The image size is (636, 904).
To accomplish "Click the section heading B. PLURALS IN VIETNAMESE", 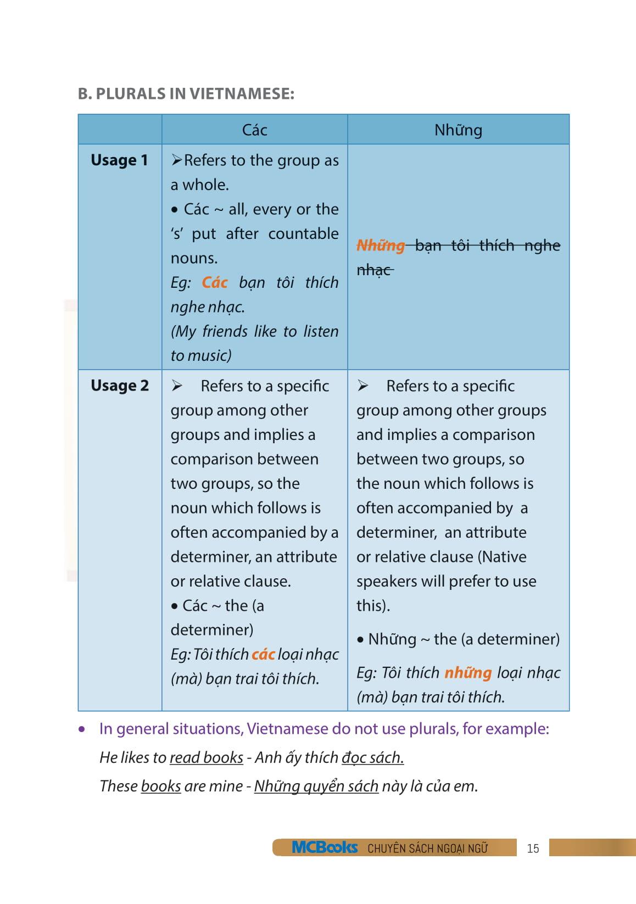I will [186, 94].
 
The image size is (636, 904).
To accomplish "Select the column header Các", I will [254, 130].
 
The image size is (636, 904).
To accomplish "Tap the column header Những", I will [458, 130].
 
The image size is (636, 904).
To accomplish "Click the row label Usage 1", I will [119, 160].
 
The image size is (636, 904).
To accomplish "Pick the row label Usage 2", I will [119, 386].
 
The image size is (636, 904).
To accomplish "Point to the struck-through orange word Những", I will [381, 245].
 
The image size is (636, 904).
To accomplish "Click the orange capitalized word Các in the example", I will [214, 282].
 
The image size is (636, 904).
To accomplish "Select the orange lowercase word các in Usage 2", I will [263, 654].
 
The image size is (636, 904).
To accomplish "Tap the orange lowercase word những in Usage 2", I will [467, 672].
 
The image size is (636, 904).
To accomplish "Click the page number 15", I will [533, 849].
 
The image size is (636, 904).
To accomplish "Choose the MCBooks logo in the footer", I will [325, 847].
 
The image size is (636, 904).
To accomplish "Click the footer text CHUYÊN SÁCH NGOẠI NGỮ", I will [427, 849].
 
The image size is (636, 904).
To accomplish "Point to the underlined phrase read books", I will [206, 757].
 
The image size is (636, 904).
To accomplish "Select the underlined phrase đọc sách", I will [372, 757].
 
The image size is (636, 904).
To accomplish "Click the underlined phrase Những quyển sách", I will [316, 786].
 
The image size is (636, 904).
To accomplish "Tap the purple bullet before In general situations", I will [82, 730].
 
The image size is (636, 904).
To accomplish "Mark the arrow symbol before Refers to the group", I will [176, 160].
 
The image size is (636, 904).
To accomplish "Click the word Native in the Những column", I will [502, 556].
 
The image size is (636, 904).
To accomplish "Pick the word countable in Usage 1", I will [303, 233].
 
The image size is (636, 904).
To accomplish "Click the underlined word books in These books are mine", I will [160, 786].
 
